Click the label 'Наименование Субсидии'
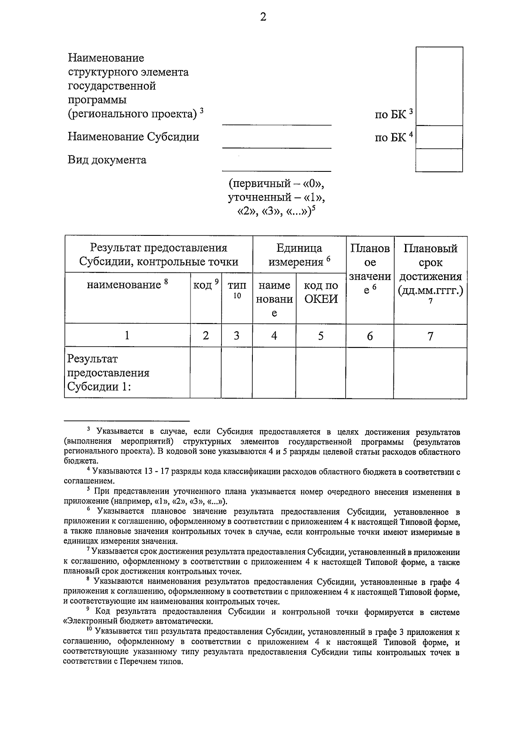(133, 137)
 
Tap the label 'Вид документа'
(107, 160)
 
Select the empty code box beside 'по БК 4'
(439, 137)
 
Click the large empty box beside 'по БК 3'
(439, 86)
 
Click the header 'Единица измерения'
(299, 255)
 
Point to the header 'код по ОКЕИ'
(321, 292)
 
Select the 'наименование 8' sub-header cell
(127, 284)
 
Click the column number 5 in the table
(321, 336)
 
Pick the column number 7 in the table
(430, 336)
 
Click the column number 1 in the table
(127, 336)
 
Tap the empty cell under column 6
(369, 372)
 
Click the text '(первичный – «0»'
(276, 184)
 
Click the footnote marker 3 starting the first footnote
(88, 429)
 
